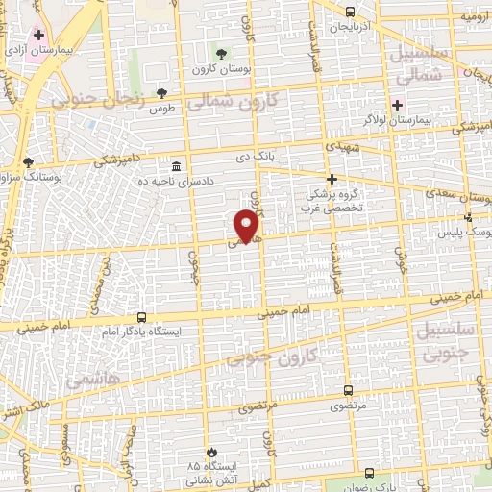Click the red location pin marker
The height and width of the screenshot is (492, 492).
[248, 226]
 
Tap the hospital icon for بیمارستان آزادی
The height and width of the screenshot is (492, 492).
[38, 35]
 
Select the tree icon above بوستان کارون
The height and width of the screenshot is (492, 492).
[222, 54]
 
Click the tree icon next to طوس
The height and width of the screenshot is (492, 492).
[160, 93]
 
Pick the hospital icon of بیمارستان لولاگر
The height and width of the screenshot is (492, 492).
[397, 104]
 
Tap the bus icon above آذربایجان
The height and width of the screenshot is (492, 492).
[349, 12]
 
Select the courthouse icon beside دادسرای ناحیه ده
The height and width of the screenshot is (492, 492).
[176, 165]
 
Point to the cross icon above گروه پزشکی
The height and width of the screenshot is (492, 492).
[332, 179]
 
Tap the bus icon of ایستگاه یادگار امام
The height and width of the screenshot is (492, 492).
[142, 316]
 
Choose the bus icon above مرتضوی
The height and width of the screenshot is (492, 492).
[348, 391]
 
